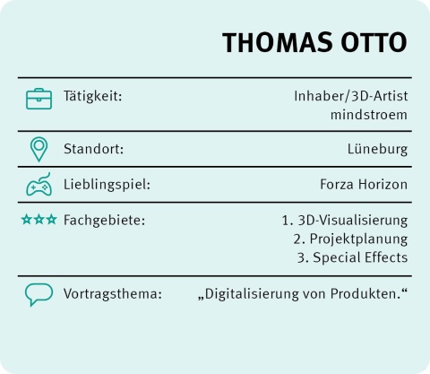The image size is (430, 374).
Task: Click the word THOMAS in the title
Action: click(278, 42)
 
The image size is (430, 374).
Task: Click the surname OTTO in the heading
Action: click(374, 42)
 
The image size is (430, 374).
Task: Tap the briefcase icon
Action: click(39, 99)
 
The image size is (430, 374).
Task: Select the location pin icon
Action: click(39, 150)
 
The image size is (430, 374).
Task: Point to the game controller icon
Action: click(39, 185)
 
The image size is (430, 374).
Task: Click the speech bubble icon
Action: click(39, 294)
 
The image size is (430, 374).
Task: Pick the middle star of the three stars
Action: click(39, 220)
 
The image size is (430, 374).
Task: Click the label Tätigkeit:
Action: click(93, 96)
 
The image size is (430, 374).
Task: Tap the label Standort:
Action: click(93, 149)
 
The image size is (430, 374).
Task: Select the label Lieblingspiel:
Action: click(107, 185)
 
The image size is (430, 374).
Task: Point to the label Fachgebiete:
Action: click(104, 221)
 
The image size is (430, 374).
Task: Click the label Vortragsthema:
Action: click(113, 294)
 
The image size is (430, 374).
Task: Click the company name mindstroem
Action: click(369, 115)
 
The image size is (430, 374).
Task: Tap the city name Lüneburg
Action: click(377, 149)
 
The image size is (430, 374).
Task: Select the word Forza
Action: click(338, 185)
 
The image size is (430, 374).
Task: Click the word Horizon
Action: click(383, 185)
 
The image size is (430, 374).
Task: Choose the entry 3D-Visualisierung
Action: click(353, 221)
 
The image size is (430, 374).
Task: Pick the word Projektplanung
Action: click(358, 239)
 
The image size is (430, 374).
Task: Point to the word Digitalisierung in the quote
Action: click(252, 294)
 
